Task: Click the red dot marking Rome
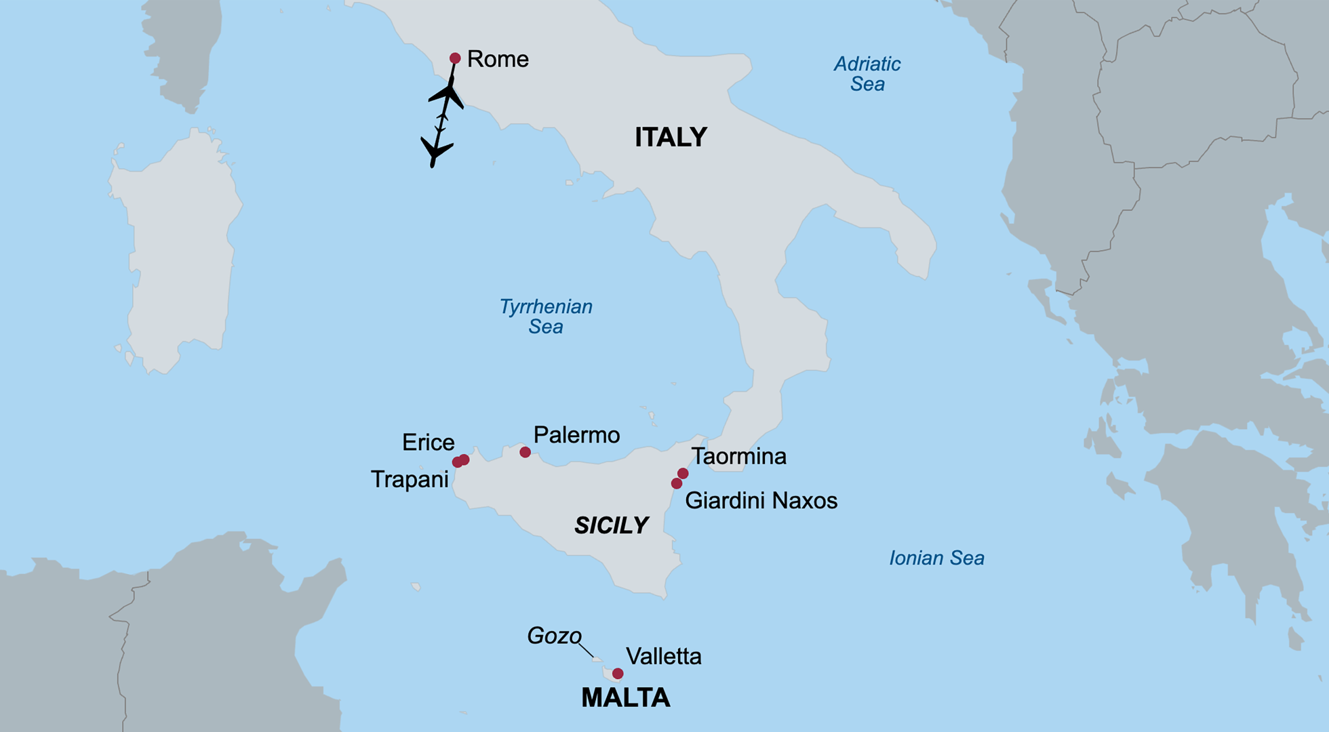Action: [x=455, y=58]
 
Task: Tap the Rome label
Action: [x=498, y=60]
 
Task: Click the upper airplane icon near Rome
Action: [x=448, y=94]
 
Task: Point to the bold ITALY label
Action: [x=671, y=138]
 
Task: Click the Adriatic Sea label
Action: [x=867, y=74]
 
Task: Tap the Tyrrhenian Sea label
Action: [x=546, y=317]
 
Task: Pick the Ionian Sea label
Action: [x=936, y=558]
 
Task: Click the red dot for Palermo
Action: [x=525, y=452]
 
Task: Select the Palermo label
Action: [x=576, y=435]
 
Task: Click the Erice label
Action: [x=428, y=443]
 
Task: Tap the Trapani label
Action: [x=410, y=480]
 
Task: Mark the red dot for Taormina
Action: [x=683, y=473]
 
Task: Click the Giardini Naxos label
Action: [x=761, y=501]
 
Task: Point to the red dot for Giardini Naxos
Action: [x=676, y=483]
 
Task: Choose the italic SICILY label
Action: [x=611, y=525]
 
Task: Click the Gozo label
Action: [x=554, y=636]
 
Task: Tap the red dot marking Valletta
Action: [x=618, y=674]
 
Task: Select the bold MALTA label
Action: [x=625, y=698]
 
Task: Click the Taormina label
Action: [x=738, y=457]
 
